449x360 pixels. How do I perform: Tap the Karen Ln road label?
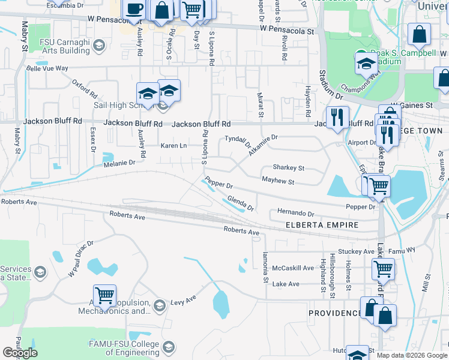pos(174,145)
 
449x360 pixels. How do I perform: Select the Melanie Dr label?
pos(119,163)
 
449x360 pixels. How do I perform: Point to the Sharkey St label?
pos(289,168)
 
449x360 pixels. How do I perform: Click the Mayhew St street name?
pos(278,181)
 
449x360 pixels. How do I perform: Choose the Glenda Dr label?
pos(241,204)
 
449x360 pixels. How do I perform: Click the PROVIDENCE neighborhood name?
pos(335,313)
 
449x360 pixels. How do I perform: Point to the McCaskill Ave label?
pos(293,268)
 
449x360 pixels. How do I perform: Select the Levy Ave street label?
pos(183,299)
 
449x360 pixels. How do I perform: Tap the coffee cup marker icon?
pos(134,9)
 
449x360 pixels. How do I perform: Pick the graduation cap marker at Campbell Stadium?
pos(364,62)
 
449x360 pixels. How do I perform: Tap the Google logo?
pos(20,353)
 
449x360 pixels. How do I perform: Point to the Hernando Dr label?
pos(295,213)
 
